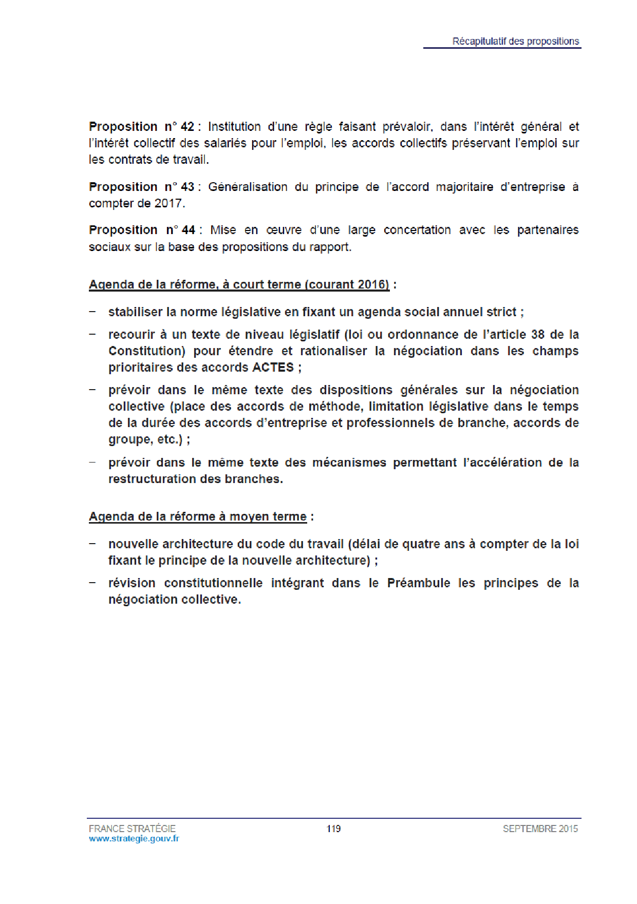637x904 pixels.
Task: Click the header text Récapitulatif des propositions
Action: tap(515, 41)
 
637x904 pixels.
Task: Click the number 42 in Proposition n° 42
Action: tap(188, 127)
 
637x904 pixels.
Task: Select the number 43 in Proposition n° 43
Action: tap(188, 187)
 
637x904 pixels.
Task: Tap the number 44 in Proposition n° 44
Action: tap(189, 230)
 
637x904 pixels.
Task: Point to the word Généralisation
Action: tap(248, 187)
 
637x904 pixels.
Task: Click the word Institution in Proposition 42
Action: tap(234, 127)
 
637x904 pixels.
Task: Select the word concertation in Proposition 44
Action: tap(417, 230)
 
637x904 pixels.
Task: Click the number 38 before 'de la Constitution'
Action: tap(538, 335)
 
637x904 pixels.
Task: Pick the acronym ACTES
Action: tap(273, 368)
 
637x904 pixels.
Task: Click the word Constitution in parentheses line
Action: tap(147, 351)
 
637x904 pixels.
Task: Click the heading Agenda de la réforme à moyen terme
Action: tap(198, 516)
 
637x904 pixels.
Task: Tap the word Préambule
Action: tap(418, 583)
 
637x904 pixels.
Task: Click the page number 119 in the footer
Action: tap(333, 829)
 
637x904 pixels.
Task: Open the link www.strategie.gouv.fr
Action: tap(134, 839)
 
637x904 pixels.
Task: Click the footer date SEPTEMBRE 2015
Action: tap(540, 829)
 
